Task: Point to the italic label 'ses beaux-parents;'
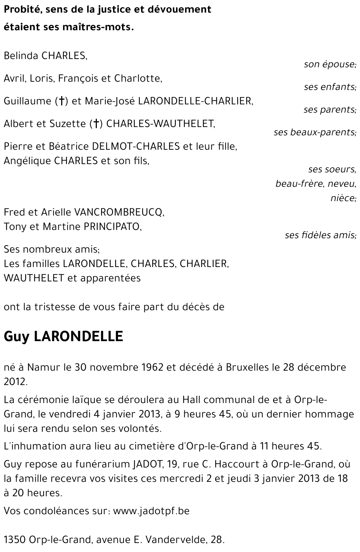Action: pyautogui.click(x=315, y=132)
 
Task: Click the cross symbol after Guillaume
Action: pyautogui.click(x=61, y=101)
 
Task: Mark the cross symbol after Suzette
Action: pyautogui.click(x=96, y=124)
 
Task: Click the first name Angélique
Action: pyautogui.click(x=27, y=161)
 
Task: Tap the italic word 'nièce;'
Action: pyautogui.click(x=343, y=198)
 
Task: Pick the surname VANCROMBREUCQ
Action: pyautogui.click(x=119, y=212)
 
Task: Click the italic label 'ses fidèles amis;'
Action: pyautogui.click(x=320, y=235)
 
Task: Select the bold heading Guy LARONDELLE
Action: pyautogui.click(x=63, y=336)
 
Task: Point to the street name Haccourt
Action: pyautogui.click(x=228, y=464)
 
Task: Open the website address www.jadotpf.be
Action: pyautogui.click(x=151, y=511)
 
